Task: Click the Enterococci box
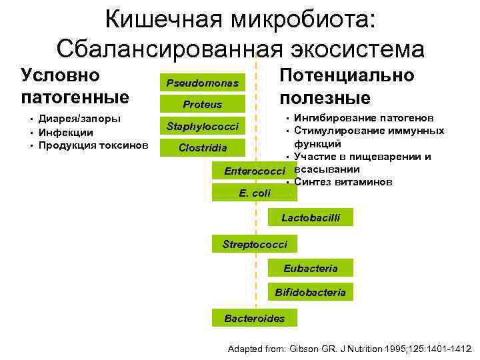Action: (255, 171)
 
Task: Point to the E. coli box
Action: (255, 193)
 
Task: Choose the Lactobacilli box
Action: (311, 217)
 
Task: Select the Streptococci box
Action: (255, 244)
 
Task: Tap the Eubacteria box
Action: (311, 268)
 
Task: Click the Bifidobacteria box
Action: (311, 292)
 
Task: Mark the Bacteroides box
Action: (255, 319)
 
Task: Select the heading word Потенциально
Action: (347, 76)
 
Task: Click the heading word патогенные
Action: (75, 97)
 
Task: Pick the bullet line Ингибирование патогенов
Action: (363, 119)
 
